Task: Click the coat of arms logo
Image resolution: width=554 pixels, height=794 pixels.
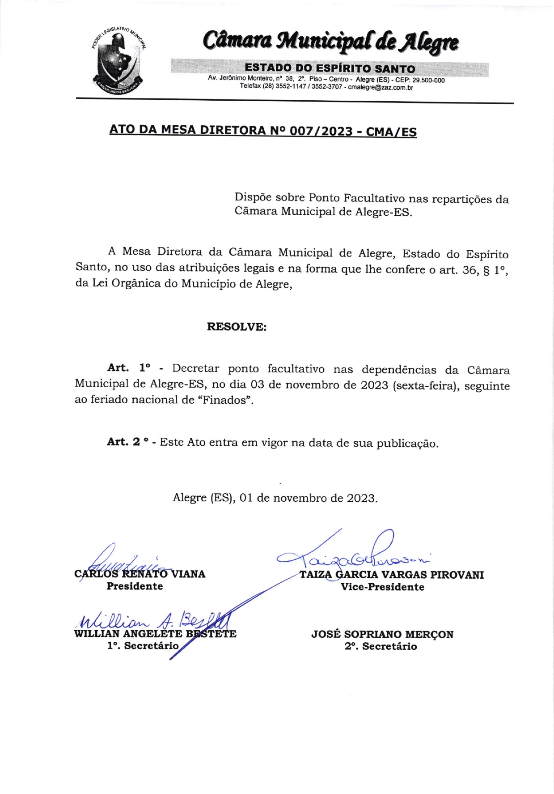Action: coord(118,59)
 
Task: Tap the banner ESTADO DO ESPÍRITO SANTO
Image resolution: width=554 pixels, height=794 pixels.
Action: coord(330,68)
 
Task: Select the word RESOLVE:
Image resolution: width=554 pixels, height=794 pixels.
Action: coord(237,327)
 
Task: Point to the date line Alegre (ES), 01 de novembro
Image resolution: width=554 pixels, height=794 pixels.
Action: coord(275,498)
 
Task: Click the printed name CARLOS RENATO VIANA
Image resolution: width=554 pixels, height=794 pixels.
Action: coord(140,574)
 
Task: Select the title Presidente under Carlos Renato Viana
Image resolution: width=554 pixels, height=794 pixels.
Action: coord(135,586)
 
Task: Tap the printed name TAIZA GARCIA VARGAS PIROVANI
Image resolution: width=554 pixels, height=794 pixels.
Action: coord(392,575)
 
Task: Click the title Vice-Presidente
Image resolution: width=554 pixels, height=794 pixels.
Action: coord(382,587)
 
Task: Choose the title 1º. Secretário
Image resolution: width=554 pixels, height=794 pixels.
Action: coord(143,645)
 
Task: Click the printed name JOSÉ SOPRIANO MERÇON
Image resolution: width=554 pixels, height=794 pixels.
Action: coord(382,634)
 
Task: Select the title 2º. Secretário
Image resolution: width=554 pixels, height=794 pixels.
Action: coord(381,646)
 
